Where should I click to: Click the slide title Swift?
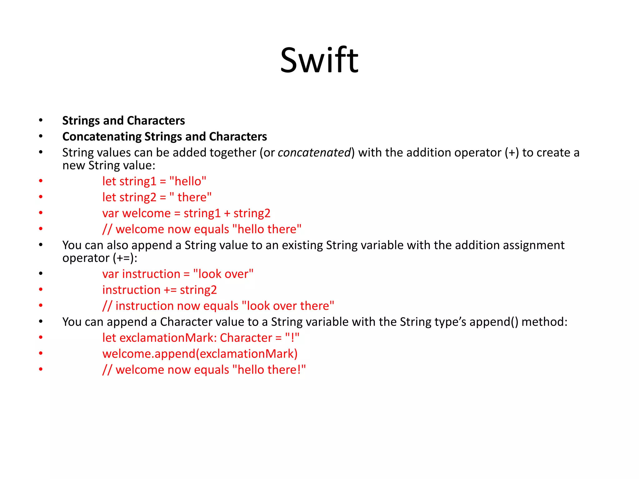point(319,60)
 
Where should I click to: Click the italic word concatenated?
point(314,152)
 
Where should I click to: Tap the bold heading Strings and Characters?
point(124,121)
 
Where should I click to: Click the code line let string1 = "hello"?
point(154,181)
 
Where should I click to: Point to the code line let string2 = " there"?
point(157,197)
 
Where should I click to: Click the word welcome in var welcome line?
point(146,213)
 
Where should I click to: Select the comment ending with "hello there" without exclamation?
point(202,229)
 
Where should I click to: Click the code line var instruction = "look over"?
point(178,274)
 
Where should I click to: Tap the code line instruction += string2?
point(159,290)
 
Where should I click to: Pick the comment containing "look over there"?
point(218,306)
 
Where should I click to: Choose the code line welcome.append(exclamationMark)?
point(200,354)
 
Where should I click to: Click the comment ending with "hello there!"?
point(204,370)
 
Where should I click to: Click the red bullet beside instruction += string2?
point(41,290)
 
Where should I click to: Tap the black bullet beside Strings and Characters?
point(41,121)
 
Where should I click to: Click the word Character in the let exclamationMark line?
point(246,338)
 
